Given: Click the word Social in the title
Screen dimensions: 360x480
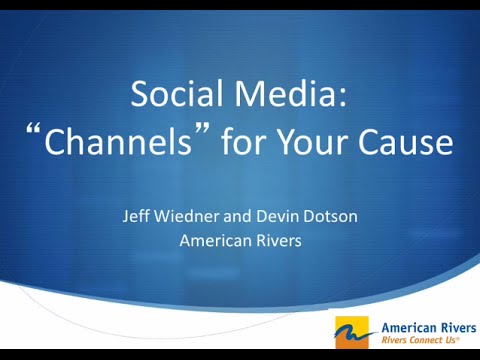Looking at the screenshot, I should point(176,96).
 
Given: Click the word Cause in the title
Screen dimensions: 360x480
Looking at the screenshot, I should point(414,143).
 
